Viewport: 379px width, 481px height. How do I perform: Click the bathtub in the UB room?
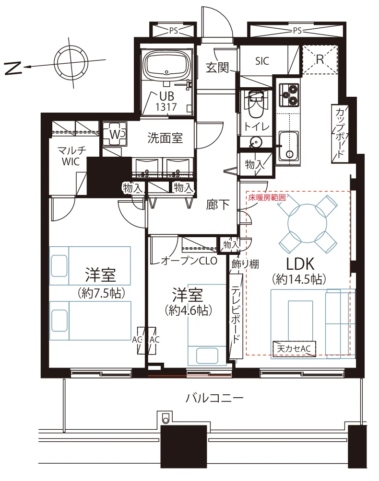point(167,65)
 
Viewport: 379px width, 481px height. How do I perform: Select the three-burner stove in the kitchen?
point(289,94)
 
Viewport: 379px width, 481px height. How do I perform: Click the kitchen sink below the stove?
point(289,146)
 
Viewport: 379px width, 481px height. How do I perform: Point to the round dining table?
point(307,223)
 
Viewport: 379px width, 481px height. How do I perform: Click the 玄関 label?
point(217,67)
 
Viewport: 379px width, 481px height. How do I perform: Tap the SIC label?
point(262,61)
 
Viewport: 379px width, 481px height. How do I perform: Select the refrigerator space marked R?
point(320,59)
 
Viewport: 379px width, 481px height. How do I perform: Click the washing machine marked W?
point(115,134)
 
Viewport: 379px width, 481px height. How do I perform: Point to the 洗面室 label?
point(165,138)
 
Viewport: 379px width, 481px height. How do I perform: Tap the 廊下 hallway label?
point(217,205)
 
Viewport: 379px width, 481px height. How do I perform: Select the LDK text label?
point(300,264)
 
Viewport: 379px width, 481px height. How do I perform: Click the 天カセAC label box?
point(294,349)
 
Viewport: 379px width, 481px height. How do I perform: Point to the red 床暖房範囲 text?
point(267,197)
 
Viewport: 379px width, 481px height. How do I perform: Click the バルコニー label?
point(214,398)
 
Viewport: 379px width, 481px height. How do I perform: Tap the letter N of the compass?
point(14,68)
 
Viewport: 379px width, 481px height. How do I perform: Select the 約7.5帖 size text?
point(101,293)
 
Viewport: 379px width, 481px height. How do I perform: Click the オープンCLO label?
point(189,261)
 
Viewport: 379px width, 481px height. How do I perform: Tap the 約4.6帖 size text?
point(188,310)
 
